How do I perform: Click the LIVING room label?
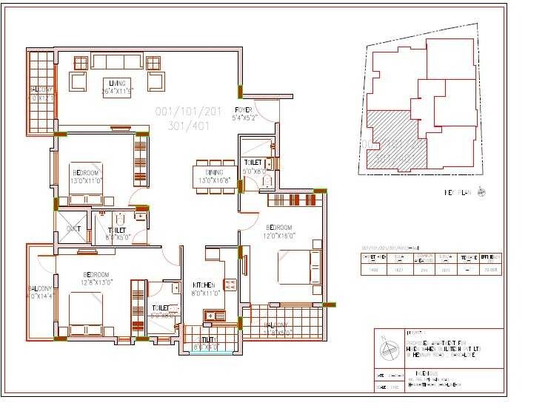116,82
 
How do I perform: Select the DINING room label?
215,171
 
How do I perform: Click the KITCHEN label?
204,285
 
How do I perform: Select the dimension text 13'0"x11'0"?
85,180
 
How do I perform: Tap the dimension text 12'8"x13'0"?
96,282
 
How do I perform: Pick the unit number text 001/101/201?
188,112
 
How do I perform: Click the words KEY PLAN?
459,193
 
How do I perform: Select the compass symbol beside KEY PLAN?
483,192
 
